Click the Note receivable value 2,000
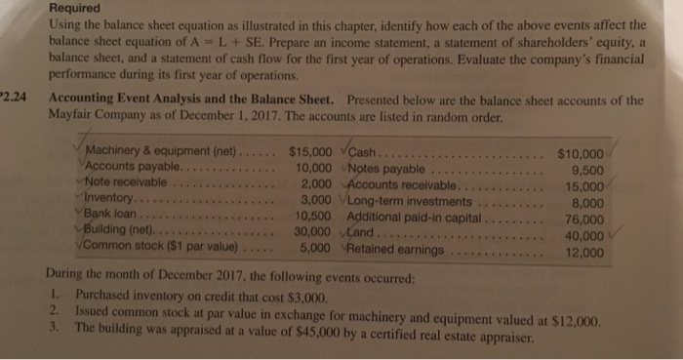(318, 184)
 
